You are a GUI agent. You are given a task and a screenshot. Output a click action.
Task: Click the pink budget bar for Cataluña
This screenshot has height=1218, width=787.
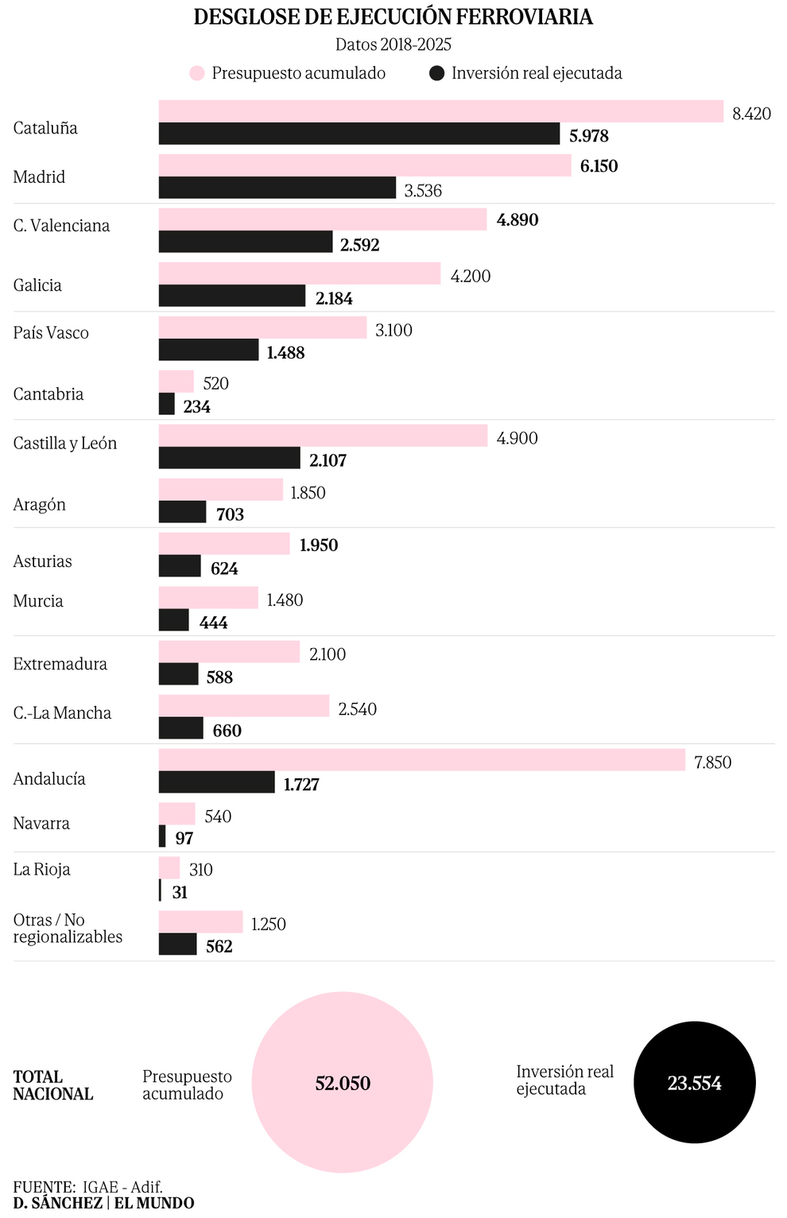click(x=441, y=111)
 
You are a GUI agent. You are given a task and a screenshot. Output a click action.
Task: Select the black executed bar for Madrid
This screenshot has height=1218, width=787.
click(x=277, y=188)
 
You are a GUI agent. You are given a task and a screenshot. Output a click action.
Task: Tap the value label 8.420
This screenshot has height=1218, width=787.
click(x=751, y=114)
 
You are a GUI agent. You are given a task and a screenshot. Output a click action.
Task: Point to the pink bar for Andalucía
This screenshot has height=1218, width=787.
click(x=421, y=760)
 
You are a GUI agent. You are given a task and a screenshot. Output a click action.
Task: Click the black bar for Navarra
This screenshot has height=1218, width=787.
click(x=162, y=836)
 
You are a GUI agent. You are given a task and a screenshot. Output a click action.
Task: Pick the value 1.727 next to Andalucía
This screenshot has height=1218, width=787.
click(x=301, y=785)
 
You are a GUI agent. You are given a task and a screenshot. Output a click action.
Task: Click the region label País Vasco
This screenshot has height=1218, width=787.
click(x=51, y=333)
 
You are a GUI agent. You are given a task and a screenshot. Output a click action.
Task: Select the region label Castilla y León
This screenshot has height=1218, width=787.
click(x=65, y=444)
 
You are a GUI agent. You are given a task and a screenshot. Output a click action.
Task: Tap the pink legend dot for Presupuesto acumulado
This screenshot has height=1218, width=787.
click(x=197, y=73)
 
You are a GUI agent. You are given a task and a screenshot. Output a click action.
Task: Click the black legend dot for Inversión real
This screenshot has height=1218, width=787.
click(x=436, y=73)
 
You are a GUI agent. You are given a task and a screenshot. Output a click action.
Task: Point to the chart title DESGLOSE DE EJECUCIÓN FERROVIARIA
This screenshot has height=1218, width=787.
click(x=393, y=17)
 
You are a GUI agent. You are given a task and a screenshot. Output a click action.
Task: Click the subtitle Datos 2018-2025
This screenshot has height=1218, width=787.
click(x=393, y=45)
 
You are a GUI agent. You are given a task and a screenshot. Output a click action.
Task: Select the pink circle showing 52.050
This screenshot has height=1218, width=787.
click(x=343, y=1082)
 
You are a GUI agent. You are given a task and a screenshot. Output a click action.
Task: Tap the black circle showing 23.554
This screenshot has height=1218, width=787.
click(x=694, y=1082)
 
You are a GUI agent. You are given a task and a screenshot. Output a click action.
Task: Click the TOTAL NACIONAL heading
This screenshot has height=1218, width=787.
click(x=52, y=1085)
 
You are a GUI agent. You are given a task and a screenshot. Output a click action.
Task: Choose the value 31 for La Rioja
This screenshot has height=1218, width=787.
click(x=180, y=893)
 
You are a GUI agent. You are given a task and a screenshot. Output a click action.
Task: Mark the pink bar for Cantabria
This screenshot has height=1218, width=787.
click(x=176, y=382)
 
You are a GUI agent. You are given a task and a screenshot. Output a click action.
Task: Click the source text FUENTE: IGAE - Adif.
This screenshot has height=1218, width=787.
click(x=87, y=1187)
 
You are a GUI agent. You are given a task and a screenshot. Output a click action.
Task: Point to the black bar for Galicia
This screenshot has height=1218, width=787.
click(x=232, y=296)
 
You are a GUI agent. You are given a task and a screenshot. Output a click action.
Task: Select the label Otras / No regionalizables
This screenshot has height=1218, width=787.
click(x=68, y=929)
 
